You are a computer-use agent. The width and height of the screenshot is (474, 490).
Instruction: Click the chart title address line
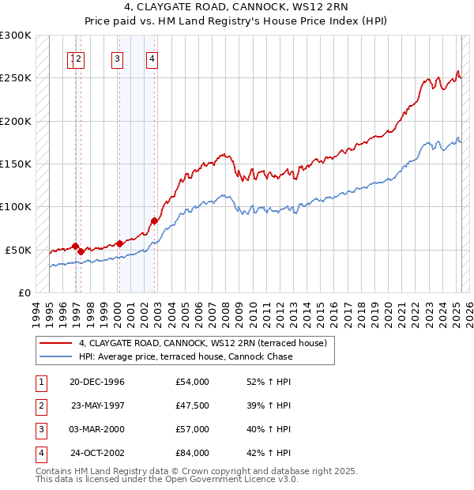click(x=237, y=10)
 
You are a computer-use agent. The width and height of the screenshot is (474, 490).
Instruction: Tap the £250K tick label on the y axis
click(x=16, y=78)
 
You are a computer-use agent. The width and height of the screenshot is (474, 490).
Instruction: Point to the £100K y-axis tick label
click(x=16, y=206)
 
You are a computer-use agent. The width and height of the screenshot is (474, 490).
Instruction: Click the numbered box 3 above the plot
click(x=117, y=57)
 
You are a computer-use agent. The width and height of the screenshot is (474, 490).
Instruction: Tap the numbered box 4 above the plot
click(x=152, y=57)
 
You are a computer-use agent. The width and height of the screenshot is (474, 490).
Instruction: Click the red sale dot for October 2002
click(x=154, y=220)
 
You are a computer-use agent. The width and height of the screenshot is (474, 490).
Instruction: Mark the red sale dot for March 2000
click(x=119, y=243)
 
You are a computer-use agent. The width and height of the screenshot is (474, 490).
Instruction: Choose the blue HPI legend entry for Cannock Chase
click(x=185, y=356)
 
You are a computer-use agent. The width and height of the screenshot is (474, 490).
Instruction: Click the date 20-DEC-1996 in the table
click(x=97, y=382)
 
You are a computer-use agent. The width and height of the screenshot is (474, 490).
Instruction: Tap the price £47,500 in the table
click(x=193, y=405)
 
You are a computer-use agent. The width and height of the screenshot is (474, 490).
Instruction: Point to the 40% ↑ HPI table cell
click(x=269, y=429)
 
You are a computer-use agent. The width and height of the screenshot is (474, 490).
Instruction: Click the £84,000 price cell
click(x=193, y=453)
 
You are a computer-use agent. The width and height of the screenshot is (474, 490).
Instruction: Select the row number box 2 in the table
click(x=39, y=405)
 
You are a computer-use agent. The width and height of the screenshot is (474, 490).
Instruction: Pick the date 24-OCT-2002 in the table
click(x=97, y=453)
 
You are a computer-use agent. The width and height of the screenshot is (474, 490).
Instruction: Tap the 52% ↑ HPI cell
click(x=269, y=382)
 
